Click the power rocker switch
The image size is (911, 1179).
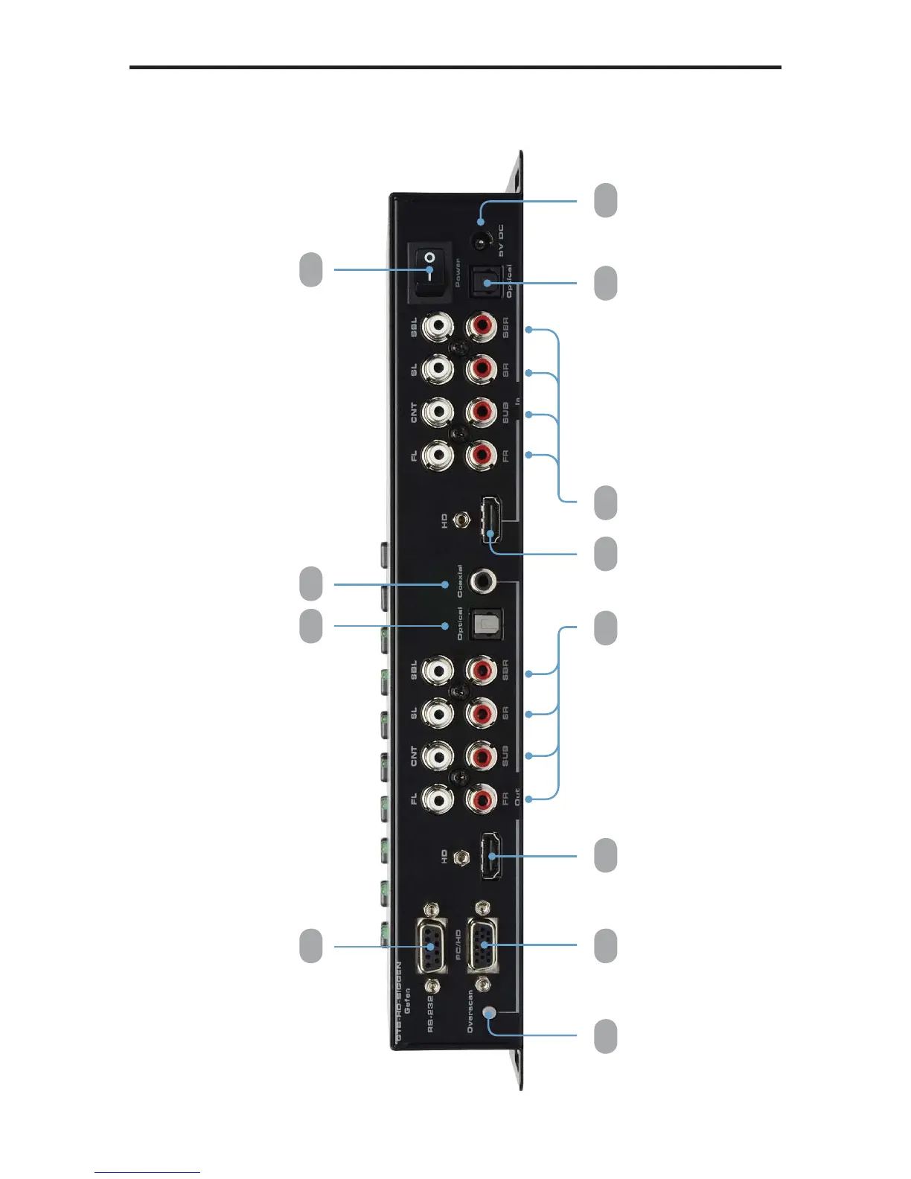click(429, 272)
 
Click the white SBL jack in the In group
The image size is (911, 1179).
click(438, 325)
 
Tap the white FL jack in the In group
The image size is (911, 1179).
click(438, 453)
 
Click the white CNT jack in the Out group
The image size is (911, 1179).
click(438, 757)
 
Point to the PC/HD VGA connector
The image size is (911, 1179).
click(483, 946)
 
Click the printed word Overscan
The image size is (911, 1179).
click(470, 1011)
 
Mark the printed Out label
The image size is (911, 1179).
click(517, 797)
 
